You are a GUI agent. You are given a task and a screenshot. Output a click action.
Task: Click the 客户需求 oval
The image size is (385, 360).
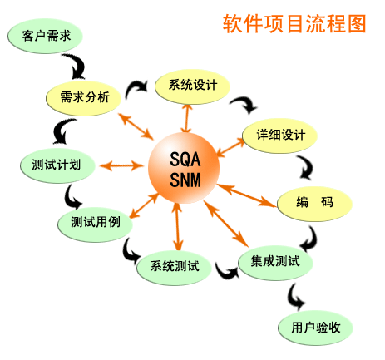[x=45, y=36]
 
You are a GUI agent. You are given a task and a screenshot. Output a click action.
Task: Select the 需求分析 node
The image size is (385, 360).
[x=83, y=98]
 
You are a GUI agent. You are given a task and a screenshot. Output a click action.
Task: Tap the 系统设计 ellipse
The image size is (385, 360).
[x=193, y=86]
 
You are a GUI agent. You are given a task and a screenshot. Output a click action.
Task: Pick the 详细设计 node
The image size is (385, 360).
[x=280, y=136]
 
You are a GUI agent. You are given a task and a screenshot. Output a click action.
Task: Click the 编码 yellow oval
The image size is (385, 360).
[x=314, y=203]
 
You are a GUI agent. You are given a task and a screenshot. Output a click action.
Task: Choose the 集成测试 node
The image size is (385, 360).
[x=275, y=262]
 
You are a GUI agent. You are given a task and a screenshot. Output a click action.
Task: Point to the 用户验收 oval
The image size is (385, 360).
[x=315, y=328]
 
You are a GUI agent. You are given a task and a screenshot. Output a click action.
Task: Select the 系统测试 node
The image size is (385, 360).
[x=175, y=267]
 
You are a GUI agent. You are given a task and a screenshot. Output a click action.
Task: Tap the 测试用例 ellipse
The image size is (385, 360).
[x=96, y=224]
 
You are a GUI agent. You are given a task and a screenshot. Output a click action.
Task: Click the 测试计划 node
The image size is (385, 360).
[x=57, y=165]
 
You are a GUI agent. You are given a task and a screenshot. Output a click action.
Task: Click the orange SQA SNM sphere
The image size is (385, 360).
[x=184, y=168]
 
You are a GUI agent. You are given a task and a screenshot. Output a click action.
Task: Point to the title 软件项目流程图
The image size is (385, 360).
[x=294, y=24]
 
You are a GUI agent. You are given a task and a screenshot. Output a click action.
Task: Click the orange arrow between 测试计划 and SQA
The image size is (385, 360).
[x=121, y=165]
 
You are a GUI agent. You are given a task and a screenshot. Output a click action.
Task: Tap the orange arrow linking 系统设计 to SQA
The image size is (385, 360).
[x=187, y=119]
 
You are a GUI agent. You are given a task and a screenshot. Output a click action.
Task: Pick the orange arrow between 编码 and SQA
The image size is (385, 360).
[x=247, y=195]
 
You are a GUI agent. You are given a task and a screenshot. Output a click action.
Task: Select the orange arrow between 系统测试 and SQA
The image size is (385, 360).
[x=177, y=227]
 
